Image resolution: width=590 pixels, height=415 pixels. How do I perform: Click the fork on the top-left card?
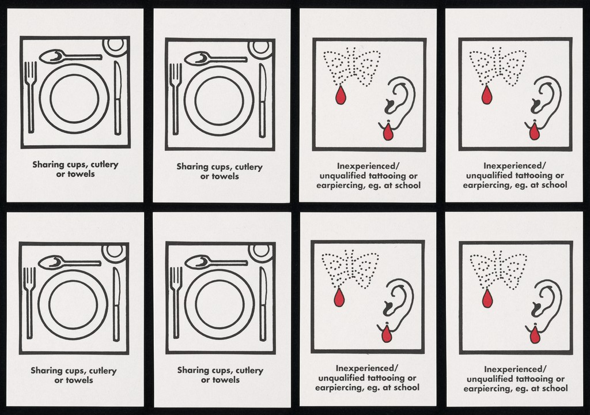[x=31, y=97]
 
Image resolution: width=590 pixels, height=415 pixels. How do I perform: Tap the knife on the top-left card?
[x=118, y=98]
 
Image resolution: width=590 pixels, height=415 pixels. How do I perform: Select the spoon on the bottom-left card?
[x=70, y=262]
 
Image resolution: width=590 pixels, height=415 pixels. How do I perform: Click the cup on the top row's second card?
[x=260, y=48]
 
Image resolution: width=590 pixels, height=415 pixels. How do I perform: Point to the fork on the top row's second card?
[x=175, y=99]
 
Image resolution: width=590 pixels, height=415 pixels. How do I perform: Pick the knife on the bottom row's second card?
[x=263, y=304]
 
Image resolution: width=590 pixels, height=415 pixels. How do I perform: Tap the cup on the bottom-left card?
[x=115, y=252]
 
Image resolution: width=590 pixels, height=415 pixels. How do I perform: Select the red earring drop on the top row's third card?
[x=388, y=132]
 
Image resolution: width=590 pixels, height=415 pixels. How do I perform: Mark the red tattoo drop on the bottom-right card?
[x=487, y=298]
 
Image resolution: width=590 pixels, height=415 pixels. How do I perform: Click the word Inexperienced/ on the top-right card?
[x=515, y=165]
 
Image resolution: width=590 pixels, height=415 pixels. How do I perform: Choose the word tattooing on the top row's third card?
[x=387, y=176]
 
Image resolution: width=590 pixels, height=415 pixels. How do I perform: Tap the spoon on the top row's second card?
[x=215, y=59]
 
